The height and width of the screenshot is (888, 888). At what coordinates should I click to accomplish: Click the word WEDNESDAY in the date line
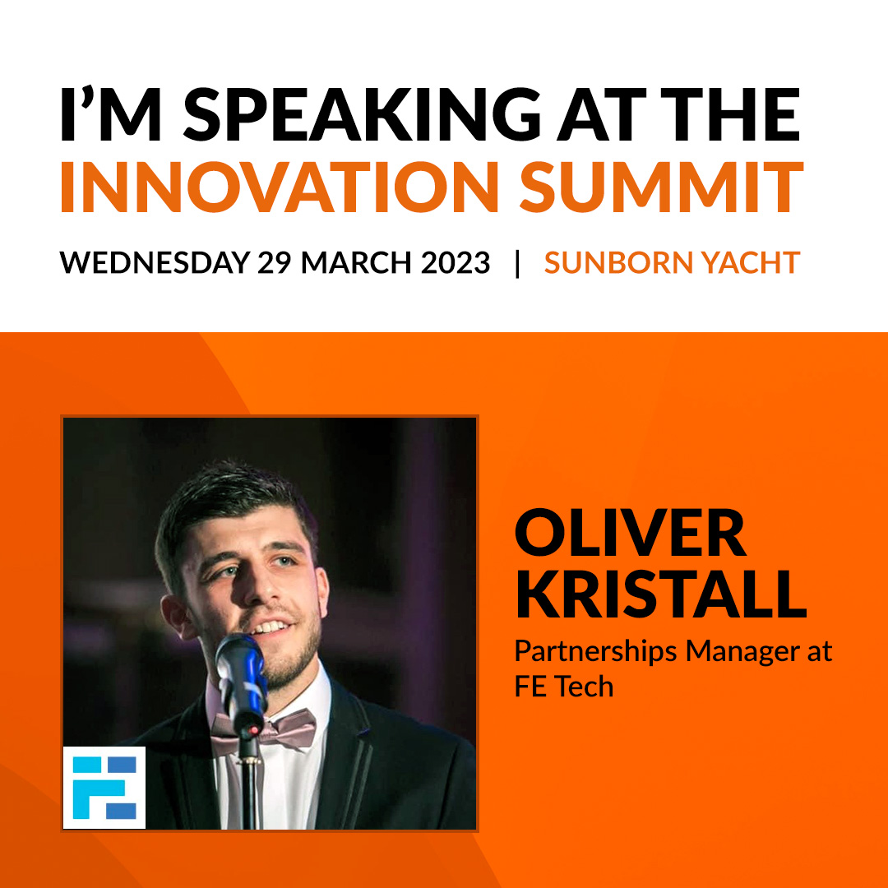click(155, 263)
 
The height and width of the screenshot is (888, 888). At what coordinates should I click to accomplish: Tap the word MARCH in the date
click(351, 263)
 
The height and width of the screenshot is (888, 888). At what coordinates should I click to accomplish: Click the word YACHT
click(753, 263)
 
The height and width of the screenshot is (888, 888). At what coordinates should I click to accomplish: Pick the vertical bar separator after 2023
click(517, 263)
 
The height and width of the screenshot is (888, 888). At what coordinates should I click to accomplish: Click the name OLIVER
click(631, 534)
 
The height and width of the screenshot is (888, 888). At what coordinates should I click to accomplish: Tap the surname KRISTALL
click(660, 594)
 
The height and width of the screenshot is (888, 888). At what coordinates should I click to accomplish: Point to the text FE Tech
click(564, 686)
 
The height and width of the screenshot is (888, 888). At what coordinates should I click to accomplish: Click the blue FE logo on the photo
click(104, 787)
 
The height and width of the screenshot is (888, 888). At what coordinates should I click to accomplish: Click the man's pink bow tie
click(263, 728)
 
